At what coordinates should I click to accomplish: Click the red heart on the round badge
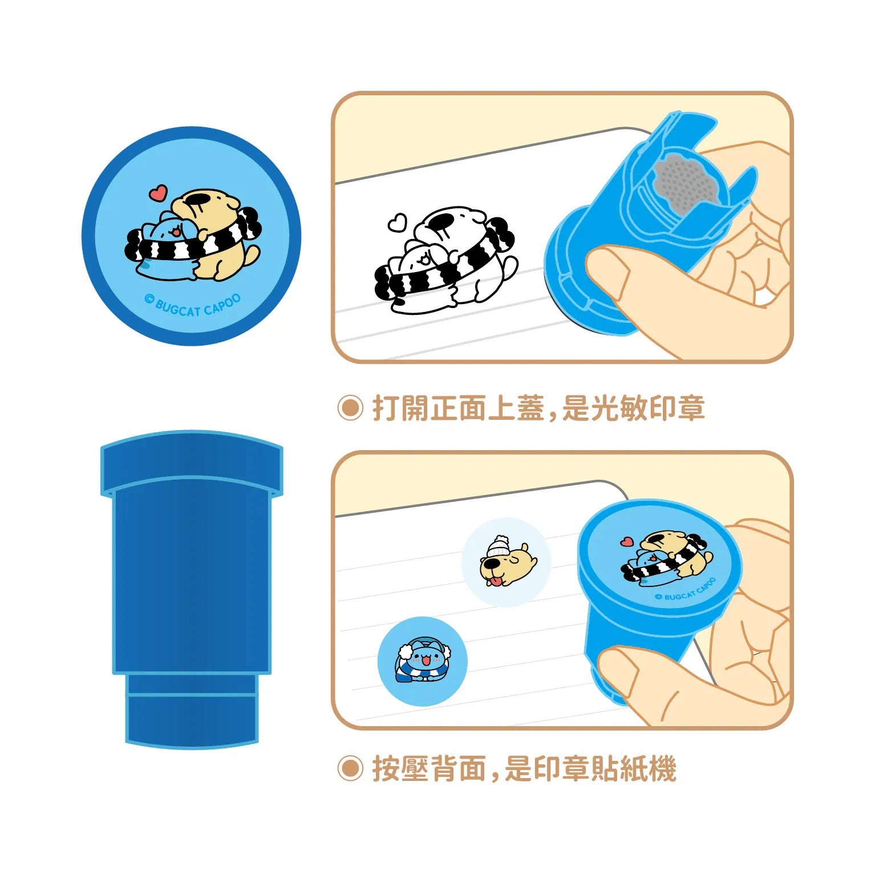159,193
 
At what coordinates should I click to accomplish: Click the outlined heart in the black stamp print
397,222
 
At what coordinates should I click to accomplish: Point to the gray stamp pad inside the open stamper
685,182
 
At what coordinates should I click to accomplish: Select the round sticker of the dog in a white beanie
507,562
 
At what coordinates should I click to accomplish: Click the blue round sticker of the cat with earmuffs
423,661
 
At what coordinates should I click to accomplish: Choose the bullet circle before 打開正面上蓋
350,408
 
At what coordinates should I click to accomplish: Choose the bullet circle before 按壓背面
350,768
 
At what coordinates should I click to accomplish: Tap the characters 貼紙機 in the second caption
633,768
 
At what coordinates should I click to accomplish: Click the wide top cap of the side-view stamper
192,462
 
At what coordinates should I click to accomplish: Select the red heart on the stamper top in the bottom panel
627,541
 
